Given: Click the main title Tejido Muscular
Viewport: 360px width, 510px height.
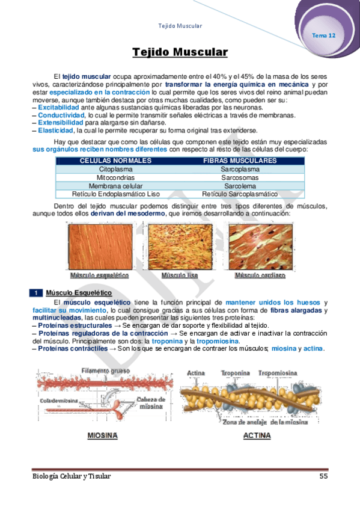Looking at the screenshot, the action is [x=180, y=53].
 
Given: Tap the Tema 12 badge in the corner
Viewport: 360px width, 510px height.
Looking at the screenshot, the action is [x=323, y=35].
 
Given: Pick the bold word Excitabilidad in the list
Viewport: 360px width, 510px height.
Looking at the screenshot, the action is [x=58, y=107].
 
